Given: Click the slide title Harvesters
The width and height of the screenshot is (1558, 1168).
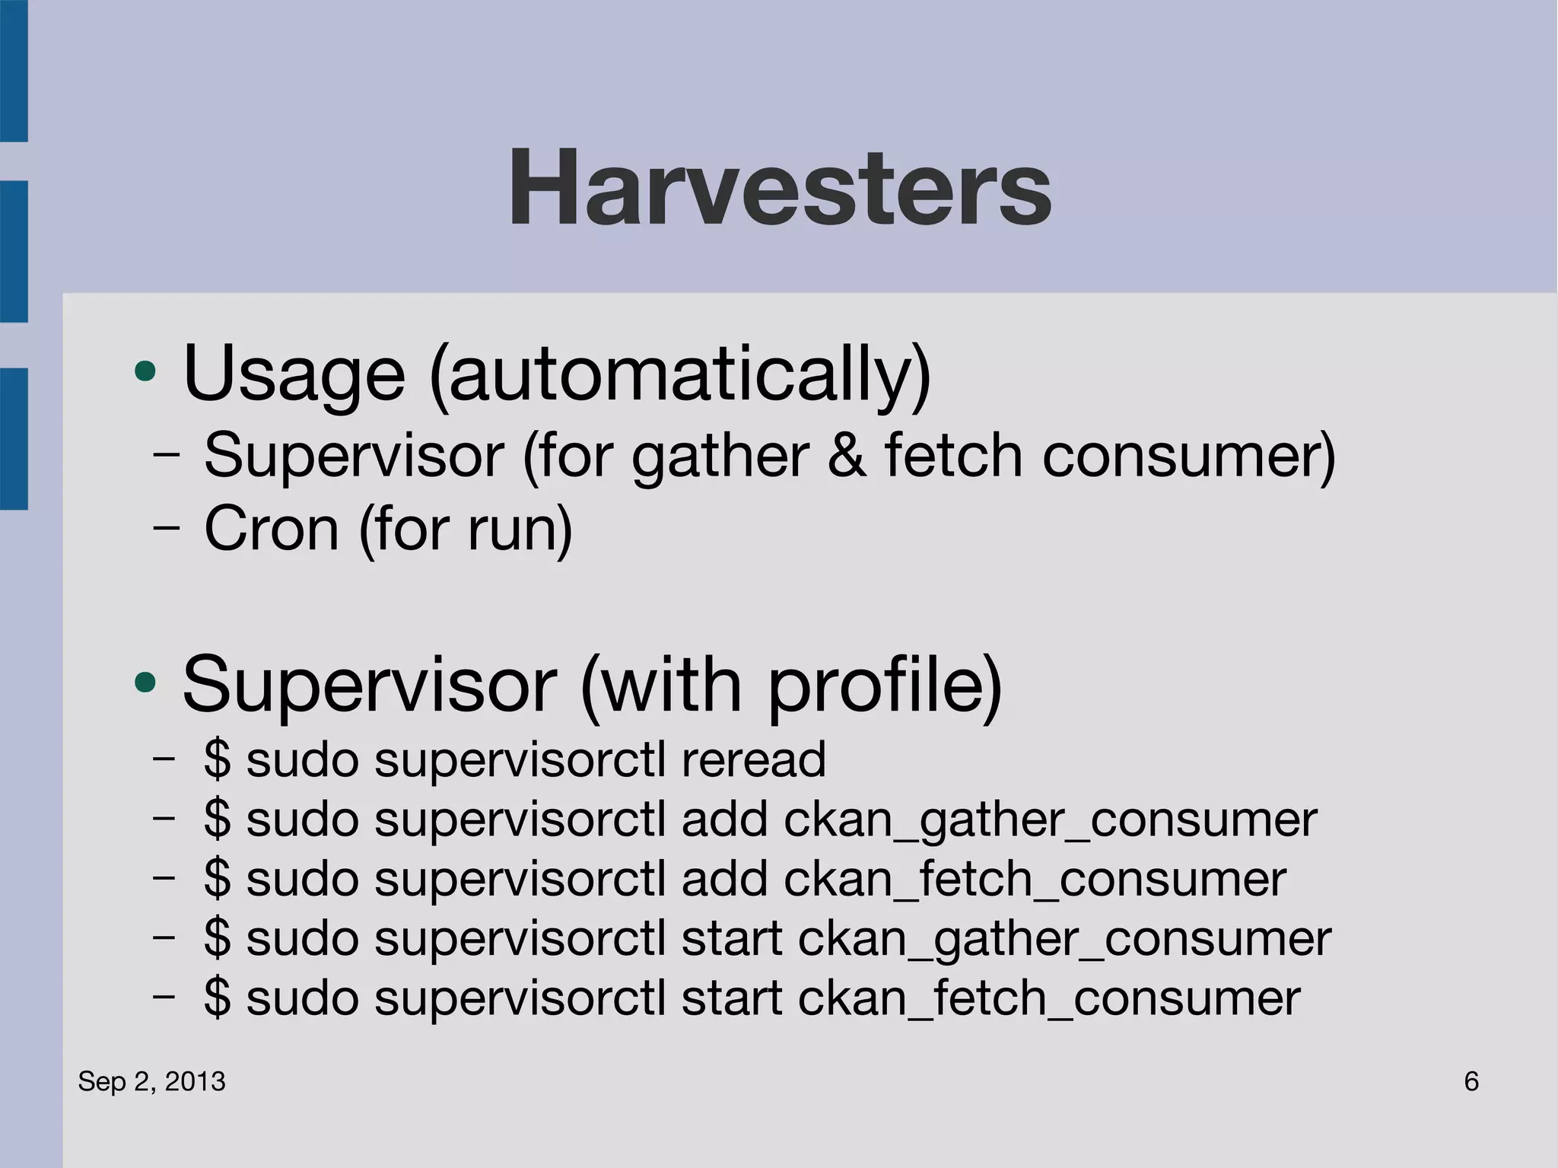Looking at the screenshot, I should pos(780,188).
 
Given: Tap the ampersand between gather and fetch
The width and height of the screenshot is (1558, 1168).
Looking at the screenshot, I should pos(847,455).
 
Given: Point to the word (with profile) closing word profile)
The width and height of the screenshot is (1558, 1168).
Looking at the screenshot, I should pos(885,685).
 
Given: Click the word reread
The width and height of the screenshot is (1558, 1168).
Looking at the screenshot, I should pos(753,759).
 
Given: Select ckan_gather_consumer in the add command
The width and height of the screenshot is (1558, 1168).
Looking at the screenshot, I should pos(1050,820).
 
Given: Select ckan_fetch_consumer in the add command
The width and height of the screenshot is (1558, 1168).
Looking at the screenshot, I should pos(1035,880).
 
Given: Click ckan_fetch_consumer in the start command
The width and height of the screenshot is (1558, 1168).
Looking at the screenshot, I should pos(1049,998).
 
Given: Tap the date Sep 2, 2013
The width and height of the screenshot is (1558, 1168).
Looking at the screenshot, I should pos(152,1081).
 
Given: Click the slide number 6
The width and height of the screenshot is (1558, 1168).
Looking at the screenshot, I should pos(1471,1081).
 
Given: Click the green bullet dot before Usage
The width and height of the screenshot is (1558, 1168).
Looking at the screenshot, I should pos(145,372).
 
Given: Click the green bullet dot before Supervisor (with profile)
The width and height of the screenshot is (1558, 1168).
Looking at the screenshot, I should pos(145,683).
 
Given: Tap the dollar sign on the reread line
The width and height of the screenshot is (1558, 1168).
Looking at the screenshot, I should pos(217,759).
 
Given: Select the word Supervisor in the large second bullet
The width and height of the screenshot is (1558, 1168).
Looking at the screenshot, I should pos(370,685).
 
